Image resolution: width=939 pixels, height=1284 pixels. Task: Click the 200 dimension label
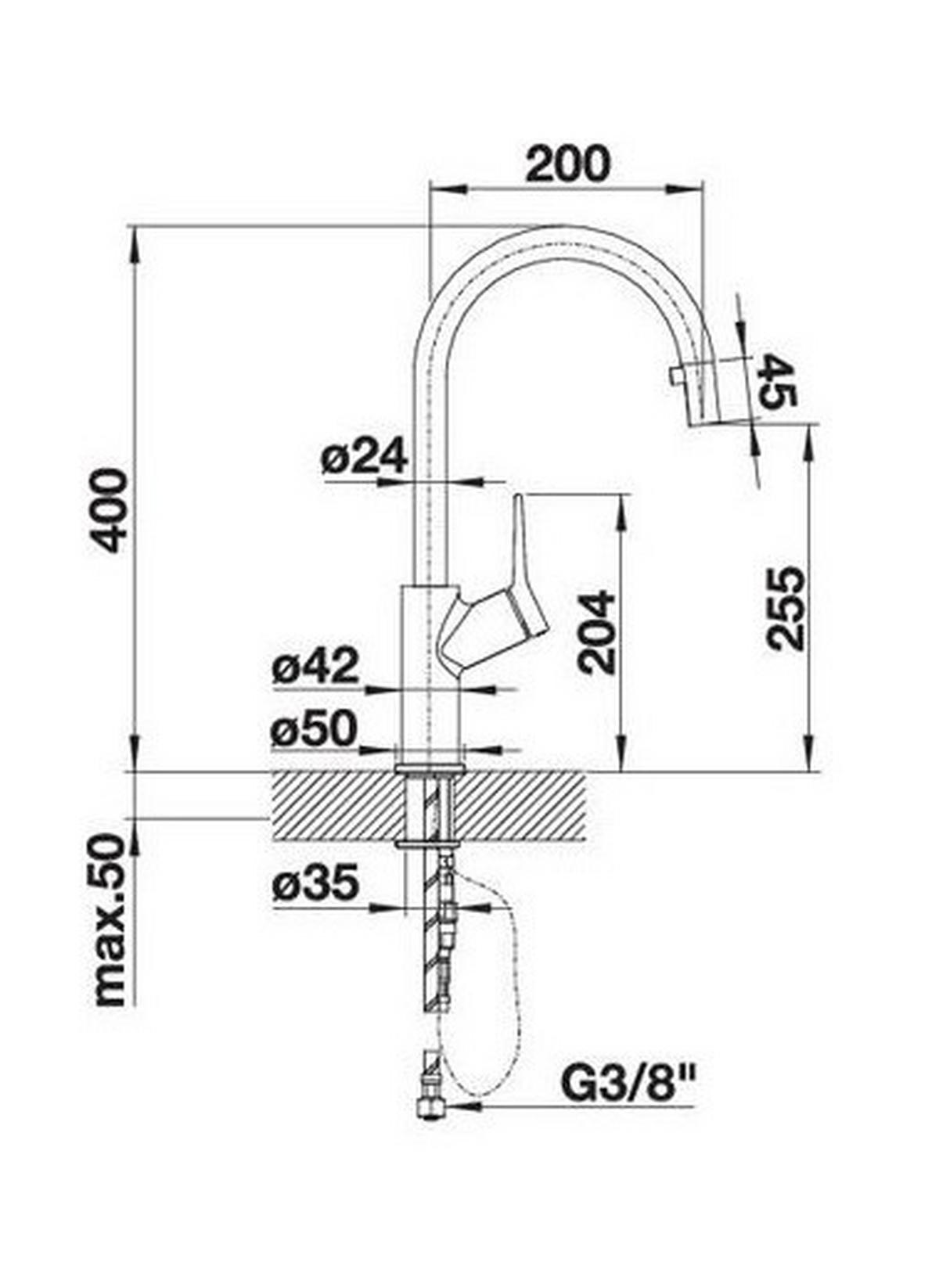567,164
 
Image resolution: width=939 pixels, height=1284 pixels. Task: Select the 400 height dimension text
107,510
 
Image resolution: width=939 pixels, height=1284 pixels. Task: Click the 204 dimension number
597,632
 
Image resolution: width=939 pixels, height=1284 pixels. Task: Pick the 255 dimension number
785,608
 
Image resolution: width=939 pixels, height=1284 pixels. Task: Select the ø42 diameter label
315,667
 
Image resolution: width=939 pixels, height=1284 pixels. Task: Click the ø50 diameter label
314,729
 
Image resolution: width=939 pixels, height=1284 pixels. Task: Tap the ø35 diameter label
316,884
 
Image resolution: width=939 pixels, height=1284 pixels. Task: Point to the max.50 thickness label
109,920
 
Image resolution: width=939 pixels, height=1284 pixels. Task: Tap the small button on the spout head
676,376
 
